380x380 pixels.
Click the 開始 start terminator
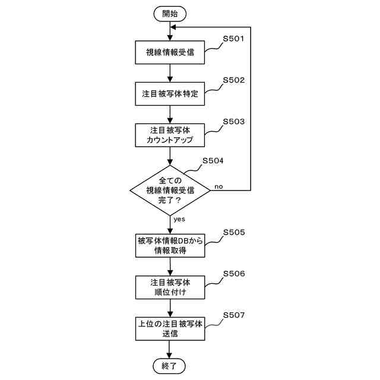[x=170, y=12]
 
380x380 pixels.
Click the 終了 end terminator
[x=170, y=365]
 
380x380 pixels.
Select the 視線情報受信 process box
[x=170, y=52]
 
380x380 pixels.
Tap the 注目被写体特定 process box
[x=170, y=93]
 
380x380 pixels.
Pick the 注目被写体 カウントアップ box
[x=170, y=135]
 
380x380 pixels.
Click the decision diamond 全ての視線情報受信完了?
[x=170, y=190]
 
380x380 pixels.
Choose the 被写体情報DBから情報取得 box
[x=170, y=245]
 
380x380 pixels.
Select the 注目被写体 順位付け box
[x=170, y=286]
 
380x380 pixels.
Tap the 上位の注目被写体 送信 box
[x=170, y=328]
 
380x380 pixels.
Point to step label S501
[x=233, y=39]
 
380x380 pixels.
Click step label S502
[x=233, y=80]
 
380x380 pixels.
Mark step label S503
[x=233, y=122]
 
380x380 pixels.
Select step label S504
[x=213, y=161]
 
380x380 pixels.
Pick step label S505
[x=233, y=232]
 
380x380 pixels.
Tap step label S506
[x=233, y=274]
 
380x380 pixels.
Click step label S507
[x=233, y=315]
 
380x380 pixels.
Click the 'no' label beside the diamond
[x=218, y=186]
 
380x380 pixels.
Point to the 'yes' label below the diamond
[x=179, y=219]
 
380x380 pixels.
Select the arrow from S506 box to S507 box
[x=170, y=307]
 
